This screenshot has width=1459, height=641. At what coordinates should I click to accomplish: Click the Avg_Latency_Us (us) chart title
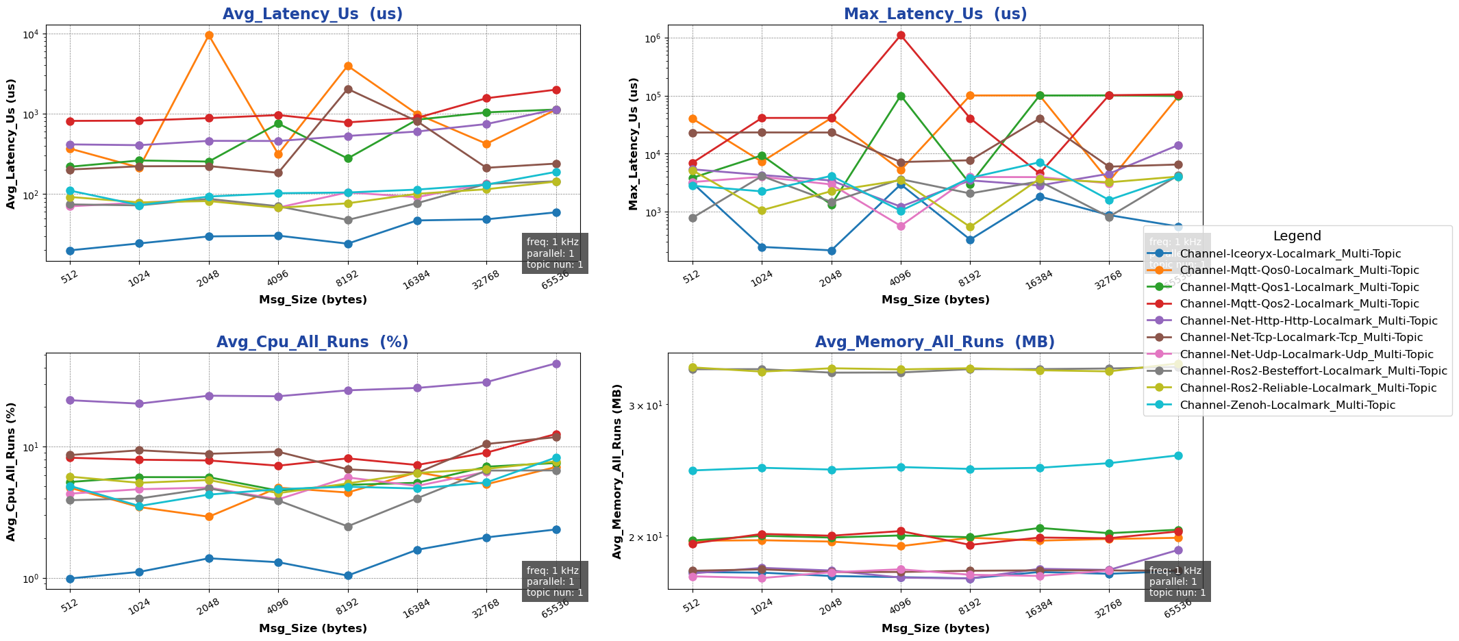pyautogui.click(x=313, y=14)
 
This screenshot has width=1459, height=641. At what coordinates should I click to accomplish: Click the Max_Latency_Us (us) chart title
pyautogui.click(x=935, y=14)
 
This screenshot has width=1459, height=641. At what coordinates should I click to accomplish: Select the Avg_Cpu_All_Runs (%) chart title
pyautogui.click(x=312, y=342)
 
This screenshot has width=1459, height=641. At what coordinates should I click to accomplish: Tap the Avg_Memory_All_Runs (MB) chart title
pyautogui.click(x=935, y=342)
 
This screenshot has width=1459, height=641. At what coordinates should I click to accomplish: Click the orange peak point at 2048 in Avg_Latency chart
pyautogui.click(x=209, y=35)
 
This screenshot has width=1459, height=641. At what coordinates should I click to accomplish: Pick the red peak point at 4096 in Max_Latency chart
pyautogui.click(x=901, y=36)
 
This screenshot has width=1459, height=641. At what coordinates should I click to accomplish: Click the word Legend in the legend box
pyautogui.click(x=1297, y=236)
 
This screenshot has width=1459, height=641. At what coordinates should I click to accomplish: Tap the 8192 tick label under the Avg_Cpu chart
pyautogui.click(x=347, y=605)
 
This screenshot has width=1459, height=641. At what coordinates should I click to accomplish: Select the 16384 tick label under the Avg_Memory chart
pyautogui.click(x=1038, y=605)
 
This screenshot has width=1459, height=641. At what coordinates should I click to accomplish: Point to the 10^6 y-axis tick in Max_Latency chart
pyautogui.click(x=651, y=38)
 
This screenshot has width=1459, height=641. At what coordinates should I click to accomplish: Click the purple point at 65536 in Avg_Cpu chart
pyautogui.click(x=556, y=364)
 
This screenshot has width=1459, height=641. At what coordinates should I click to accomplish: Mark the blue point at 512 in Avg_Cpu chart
pyautogui.click(x=70, y=579)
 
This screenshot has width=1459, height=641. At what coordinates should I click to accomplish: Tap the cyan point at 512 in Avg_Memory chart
pyautogui.click(x=693, y=470)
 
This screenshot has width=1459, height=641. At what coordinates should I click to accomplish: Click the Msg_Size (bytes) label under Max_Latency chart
pyautogui.click(x=935, y=300)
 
